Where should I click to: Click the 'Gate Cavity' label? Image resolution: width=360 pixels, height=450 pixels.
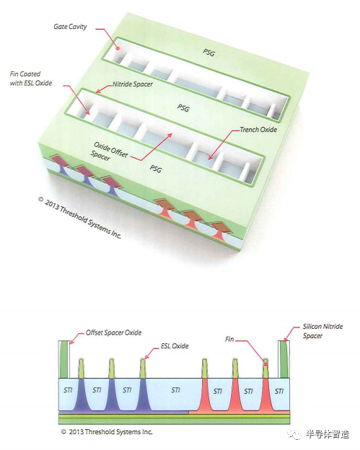[x=70, y=27]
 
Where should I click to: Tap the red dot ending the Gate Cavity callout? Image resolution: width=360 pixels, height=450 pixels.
[x=118, y=49]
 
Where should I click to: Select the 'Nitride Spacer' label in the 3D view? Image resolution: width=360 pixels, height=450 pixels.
[x=132, y=84]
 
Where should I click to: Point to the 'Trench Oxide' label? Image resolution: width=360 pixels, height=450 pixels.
[x=258, y=130]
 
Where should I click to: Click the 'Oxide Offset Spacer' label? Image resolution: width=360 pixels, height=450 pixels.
[x=109, y=151]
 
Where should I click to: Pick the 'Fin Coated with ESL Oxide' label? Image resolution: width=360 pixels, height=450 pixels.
[x=31, y=79]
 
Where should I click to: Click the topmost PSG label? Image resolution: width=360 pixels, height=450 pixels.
[x=208, y=53]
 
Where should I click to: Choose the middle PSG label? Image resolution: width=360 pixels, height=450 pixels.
[x=183, y=108]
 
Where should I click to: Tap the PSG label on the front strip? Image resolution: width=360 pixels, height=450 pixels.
[x=156, y=169]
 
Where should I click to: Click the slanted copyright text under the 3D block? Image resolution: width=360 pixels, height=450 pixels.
[x=80, y=218]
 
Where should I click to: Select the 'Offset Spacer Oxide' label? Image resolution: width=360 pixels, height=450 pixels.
[x=114, y=332]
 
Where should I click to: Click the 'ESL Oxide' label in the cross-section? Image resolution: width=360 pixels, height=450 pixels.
[x=175, y=346]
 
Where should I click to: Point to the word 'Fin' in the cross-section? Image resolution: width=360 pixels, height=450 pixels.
[x=229, y=339]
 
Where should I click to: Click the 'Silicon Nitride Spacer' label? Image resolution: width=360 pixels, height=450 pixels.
[x=322, y=331]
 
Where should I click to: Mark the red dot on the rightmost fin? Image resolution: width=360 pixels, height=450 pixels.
[x=265, y=364]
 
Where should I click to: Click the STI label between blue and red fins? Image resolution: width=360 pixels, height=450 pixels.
[x=176, y=390]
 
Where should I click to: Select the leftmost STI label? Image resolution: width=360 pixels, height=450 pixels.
[x=68, y=390]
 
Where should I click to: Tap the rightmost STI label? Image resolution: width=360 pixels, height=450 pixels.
[x=279, y=391]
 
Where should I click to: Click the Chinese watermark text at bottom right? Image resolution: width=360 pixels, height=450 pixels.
[x=327, y=434]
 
